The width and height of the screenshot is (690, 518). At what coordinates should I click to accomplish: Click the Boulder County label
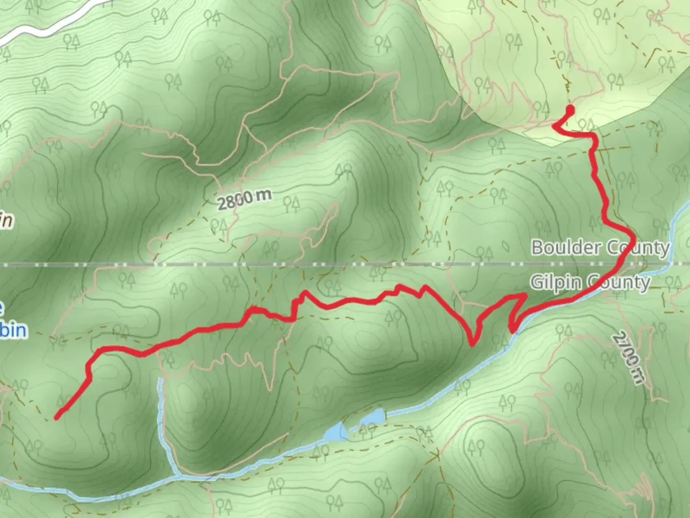click(x=600, y=247)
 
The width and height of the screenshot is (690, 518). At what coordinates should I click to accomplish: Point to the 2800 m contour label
click(x=244, y=199)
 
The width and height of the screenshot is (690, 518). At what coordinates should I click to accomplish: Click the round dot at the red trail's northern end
click(x=570, y=109)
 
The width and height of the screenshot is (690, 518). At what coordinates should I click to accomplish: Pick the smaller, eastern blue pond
click(x=373, y=417)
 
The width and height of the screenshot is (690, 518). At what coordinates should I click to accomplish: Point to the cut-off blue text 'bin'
click(x=13, y=330)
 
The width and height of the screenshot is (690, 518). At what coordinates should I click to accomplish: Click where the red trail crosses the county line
click(x=624, y=264)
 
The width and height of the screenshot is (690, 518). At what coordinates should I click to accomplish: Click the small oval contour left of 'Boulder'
click(x=506, y=245)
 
